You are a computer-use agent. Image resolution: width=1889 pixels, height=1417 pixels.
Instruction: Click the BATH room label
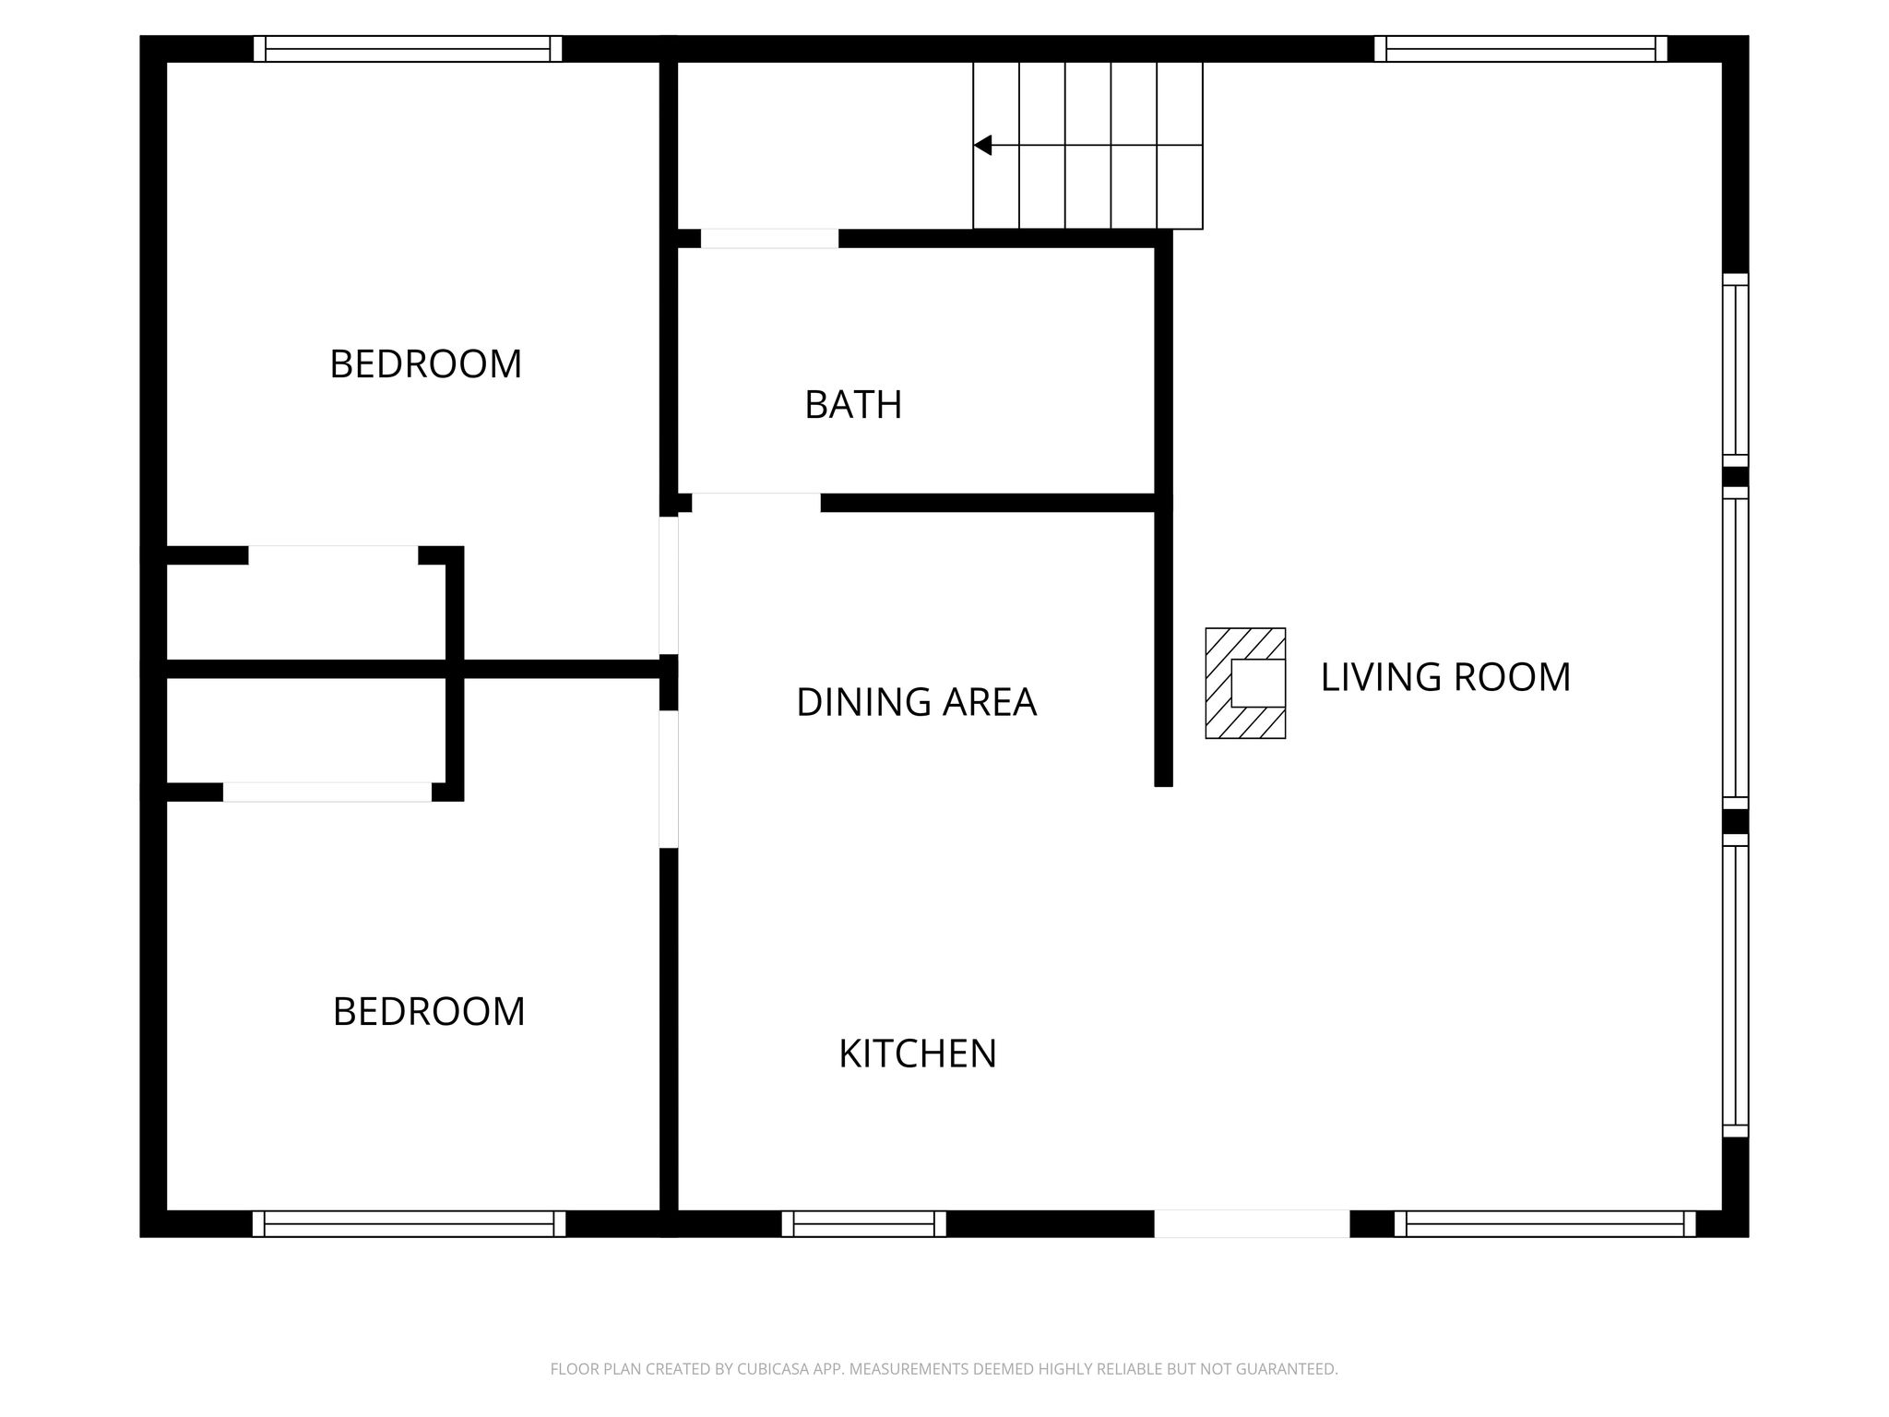(853, 405)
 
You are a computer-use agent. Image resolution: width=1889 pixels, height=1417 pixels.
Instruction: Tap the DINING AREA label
(916, 702)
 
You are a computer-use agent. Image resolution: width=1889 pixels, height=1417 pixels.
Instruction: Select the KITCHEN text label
(918, 1054)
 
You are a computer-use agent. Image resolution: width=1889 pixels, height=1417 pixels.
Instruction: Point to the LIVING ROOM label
(1445, 677)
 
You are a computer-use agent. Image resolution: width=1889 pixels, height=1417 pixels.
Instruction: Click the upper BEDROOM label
(425, 364)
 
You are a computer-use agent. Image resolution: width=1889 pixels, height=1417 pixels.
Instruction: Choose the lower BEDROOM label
(429, 1012)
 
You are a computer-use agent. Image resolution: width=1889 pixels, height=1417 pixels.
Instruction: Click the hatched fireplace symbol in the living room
(1245, 684)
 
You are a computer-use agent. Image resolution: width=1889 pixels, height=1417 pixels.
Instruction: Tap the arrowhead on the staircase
(982, 145)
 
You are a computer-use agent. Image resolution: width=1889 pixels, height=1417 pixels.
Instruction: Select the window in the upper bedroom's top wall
(408, 49)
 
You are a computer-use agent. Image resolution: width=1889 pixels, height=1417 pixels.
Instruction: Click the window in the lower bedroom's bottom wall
(409, 1223)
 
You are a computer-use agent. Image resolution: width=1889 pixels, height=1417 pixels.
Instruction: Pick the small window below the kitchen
(863, 1223)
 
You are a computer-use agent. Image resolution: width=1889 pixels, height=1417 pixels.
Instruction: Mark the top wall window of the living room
(1520, 49)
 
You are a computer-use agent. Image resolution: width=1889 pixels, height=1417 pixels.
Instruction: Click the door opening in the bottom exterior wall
(1252, 1223)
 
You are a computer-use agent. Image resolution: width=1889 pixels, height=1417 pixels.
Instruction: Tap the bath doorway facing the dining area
(756, 503)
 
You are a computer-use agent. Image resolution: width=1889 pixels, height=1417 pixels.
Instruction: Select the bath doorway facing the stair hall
(769, 238)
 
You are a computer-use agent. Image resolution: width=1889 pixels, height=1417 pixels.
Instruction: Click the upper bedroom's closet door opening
(333, 555)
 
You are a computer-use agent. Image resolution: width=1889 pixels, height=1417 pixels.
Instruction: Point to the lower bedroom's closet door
(327, 792)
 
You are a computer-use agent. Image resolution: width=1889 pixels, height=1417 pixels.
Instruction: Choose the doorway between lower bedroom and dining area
(669, 779)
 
